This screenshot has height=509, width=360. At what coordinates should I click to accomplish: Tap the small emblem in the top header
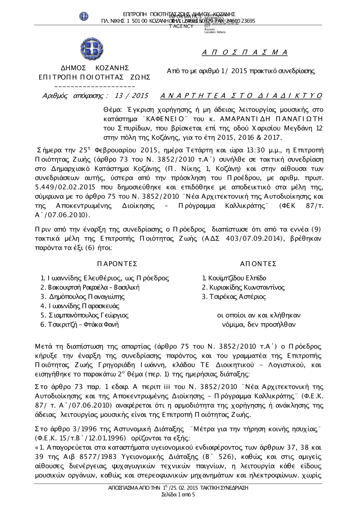84,16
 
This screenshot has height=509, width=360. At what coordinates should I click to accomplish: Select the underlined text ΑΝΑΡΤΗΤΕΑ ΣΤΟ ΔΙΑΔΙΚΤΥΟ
240,96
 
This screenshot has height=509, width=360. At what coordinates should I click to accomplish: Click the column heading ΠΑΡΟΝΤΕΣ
117,264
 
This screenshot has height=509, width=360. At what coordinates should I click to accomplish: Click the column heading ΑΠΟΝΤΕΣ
258,264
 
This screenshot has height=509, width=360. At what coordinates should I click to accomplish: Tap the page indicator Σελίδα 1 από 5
179,495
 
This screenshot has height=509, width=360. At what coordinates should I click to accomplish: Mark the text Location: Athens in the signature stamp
215,32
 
